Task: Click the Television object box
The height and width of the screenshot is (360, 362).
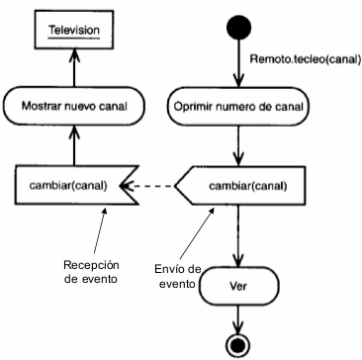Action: (x=75, y=31)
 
